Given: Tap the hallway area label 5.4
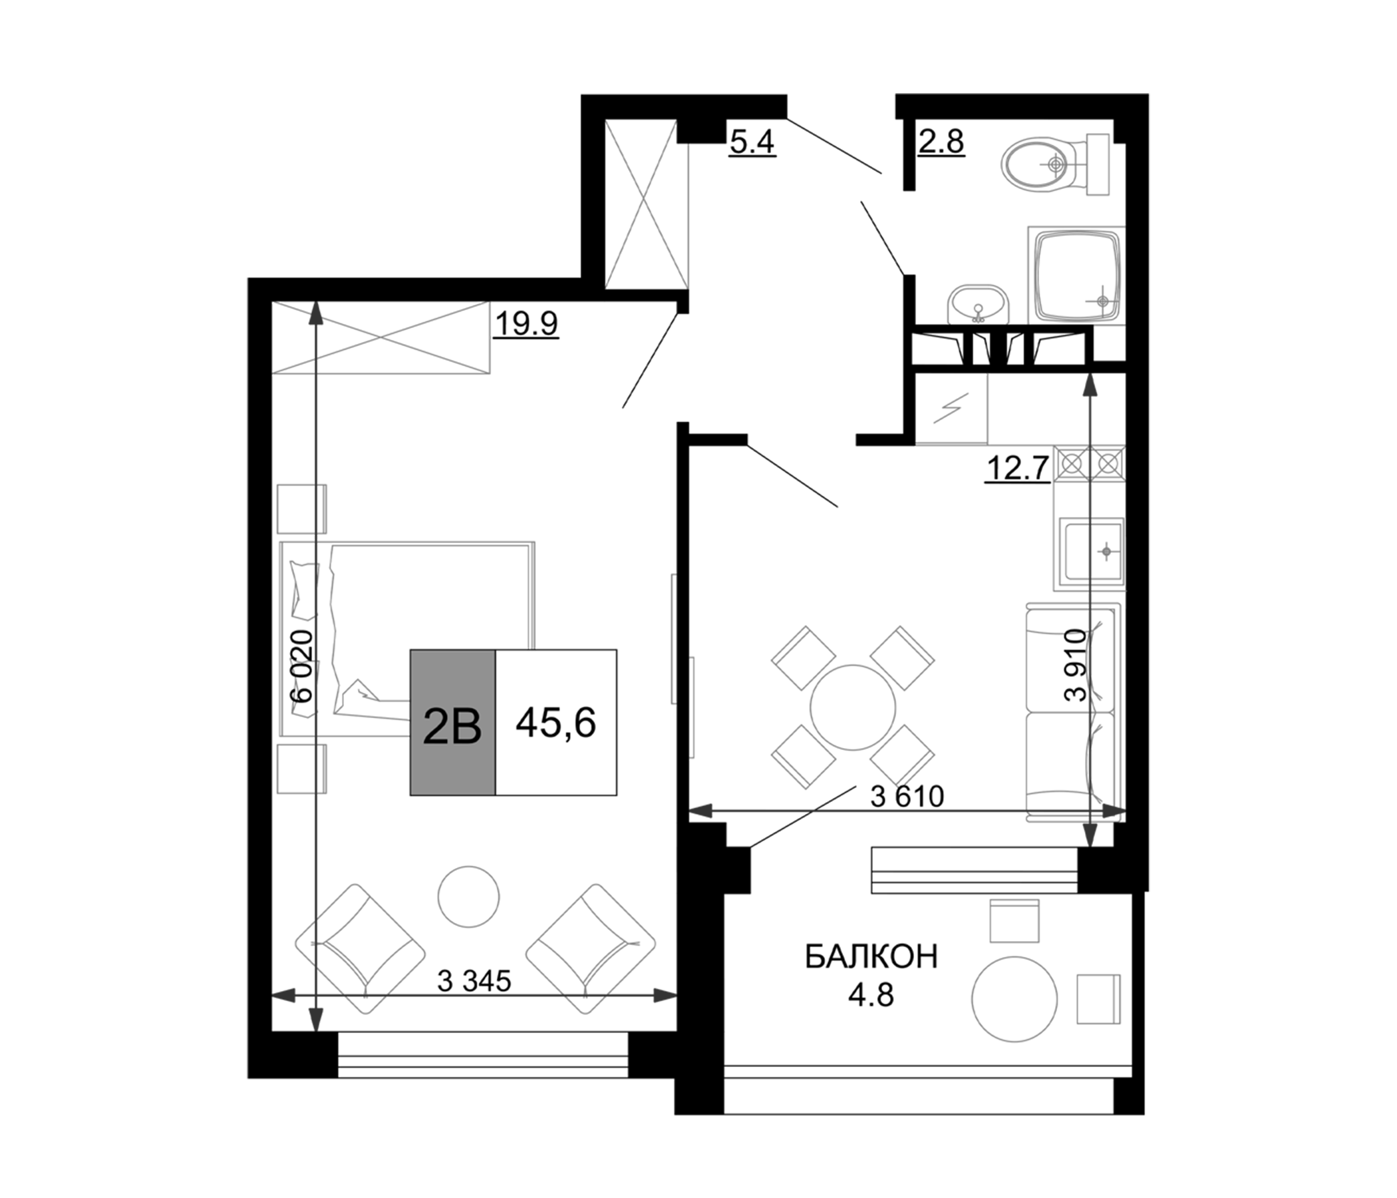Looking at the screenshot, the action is [752, 142].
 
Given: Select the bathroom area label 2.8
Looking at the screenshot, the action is [941, 142].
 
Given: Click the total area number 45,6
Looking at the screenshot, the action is [555, 723].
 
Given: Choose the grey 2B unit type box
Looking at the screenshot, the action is [453, 722].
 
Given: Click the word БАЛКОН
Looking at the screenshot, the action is [871, 956].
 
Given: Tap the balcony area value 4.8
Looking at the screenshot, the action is [871, 995].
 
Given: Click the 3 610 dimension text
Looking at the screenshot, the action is [907, 797].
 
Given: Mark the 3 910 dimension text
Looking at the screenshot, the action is [1076, 665].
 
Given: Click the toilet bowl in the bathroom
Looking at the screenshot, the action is [1055, 164].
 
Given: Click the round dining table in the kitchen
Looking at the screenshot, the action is [853, 708].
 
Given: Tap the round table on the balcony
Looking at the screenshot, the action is [1014, 1000].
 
